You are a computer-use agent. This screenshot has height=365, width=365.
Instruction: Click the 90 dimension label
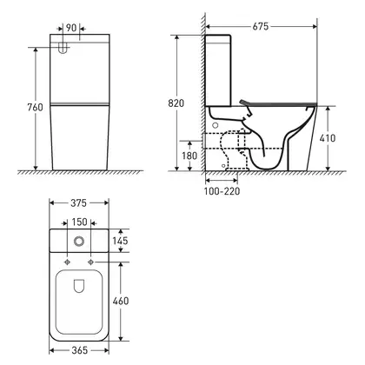click(x=71, y=28)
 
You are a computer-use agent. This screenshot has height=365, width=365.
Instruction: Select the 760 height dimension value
click(x=35, y=107)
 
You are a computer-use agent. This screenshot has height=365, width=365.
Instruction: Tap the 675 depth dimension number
click(x=261, y=26)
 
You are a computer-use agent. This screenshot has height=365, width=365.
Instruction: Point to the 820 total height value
click(x=176, y=103)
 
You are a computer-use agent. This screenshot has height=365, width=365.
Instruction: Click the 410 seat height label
click(x=328, y=138)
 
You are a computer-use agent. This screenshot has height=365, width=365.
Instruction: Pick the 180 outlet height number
click(x=189, y=156)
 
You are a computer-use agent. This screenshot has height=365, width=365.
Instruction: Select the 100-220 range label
click(x=222, y=191)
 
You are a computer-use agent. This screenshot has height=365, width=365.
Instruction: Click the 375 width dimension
click(x=78, y=203)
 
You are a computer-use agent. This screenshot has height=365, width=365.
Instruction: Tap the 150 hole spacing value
click(x=79, y=222)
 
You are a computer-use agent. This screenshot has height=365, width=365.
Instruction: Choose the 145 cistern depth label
click(x=120, y=241)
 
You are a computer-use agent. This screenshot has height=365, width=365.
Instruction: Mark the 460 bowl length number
click(x=121, y=301)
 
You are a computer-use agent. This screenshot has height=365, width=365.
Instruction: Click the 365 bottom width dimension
click(x=79, y=350)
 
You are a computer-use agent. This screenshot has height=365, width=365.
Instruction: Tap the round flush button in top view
click(x=79, y=241)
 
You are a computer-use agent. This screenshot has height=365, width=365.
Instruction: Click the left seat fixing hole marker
click(x=67, y=262)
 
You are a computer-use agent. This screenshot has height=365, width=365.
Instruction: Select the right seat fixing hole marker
click(x=91, y=262)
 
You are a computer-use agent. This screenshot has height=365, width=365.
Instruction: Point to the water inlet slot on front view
click(x=63, y=48)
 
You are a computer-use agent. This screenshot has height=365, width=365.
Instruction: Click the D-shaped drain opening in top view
click(x=79, y=286)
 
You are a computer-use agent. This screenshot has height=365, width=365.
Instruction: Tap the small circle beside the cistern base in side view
click(x=216, y=125)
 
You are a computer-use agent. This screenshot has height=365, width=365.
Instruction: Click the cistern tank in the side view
click(x=218, y=70)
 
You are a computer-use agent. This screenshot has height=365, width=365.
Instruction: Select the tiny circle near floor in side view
click(x=223, y=166)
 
